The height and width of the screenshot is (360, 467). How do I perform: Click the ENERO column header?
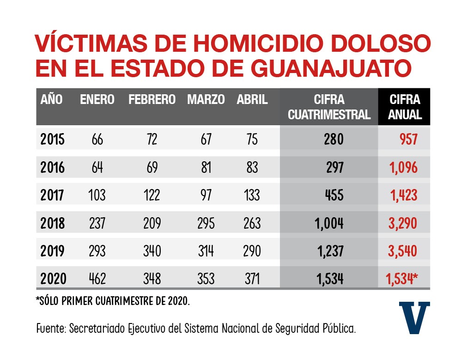click(97, 99)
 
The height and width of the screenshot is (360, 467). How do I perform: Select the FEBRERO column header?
click(152, 99)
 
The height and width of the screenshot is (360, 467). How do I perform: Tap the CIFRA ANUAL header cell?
click(405, 107)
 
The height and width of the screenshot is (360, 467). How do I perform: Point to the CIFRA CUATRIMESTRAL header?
click(329, 107)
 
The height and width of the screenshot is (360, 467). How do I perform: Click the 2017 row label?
click(52, 195)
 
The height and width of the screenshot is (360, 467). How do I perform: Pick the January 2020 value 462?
click(97, 279)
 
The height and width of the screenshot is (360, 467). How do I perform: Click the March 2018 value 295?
click(206, 223)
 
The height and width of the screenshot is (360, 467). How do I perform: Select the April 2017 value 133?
click(252, 195)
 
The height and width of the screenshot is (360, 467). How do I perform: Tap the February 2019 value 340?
click(152, 251)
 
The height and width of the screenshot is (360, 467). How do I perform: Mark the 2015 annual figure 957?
click(408, 140)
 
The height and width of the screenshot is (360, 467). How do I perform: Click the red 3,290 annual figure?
click(403, 223)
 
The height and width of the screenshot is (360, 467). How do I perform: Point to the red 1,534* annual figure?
click(401, 279)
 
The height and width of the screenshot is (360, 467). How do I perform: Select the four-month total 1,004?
click(329, 223)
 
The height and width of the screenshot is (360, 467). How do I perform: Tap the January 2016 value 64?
click(97, 167)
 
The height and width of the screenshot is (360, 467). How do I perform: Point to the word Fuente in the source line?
click(50, 329)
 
